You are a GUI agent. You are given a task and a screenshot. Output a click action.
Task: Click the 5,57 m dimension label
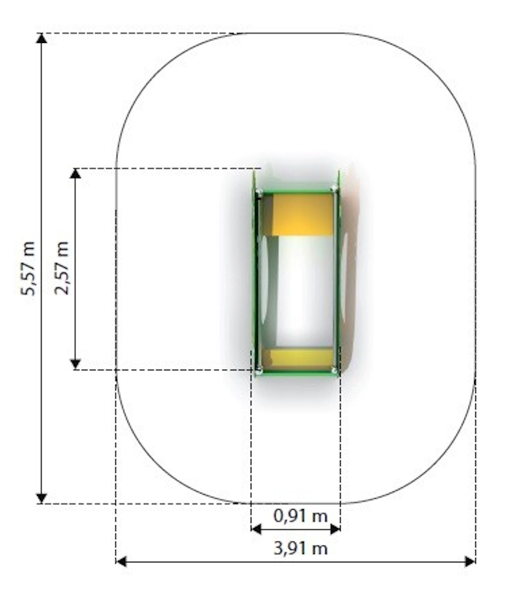click(x=28, y=268)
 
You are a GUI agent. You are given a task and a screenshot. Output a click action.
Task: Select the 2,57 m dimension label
click(x=61, y=268)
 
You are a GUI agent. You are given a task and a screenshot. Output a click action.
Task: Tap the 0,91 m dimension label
click(x=300, y=516)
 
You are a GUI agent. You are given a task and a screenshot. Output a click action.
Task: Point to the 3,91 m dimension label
click(x=300, y=548)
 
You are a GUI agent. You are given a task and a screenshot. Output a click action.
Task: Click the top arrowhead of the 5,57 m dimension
click(x=42, y=38)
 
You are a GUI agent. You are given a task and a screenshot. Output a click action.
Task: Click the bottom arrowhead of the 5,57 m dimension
click(x=42, y=499)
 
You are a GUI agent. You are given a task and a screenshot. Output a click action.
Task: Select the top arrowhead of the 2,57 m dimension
click(x=75, y=173)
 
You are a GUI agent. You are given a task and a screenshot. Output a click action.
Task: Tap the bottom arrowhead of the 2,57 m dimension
click(x=75, y=365)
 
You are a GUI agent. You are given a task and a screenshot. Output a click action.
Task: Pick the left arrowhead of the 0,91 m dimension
click(x=256, y=529)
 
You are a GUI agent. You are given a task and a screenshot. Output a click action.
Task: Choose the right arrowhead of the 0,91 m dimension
click(x=335, y=529)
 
